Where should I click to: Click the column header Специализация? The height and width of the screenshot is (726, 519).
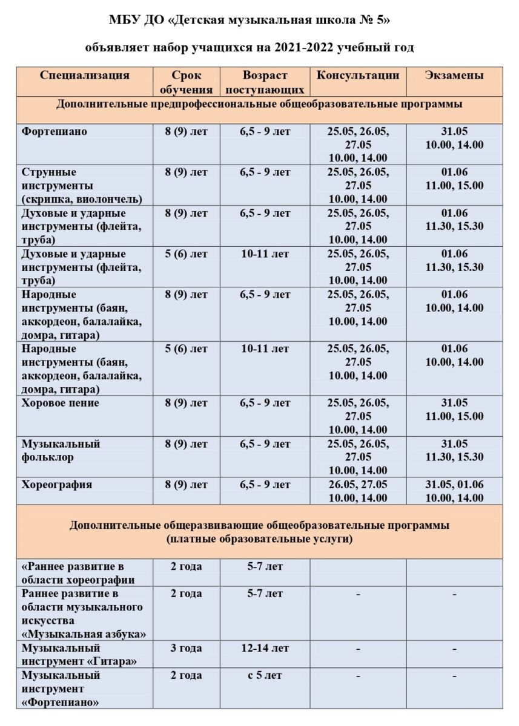pyautogui.click(x=85, y=76)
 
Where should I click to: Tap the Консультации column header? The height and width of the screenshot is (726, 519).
pyautogui.click(x=358, y=76)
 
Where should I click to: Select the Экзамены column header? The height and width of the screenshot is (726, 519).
pyautogui.click(x=454, y=76)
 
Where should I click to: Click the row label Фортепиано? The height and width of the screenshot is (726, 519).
pyautogui.click(x=55, y=132)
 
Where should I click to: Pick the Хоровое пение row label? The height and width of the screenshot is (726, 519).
pyautogui.click(x=61, y=403)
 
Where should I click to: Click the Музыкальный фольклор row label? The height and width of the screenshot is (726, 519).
pyautogui.click(x=61, y=451)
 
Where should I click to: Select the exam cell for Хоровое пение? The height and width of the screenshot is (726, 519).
pyautogui.click(x=454, y=410)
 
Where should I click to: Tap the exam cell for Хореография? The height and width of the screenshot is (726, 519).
pyautogui.click(x=454, y=491)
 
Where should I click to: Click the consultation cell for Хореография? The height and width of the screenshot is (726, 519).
pyautogui.click(x=358, y=491)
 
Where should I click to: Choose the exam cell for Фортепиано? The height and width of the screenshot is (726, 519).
pyautogui.click(x=454, y=139)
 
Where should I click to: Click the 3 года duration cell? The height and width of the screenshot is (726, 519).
pyautogui.click(x=186, y=648)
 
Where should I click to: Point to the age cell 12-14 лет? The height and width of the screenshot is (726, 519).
pyautogui.click(x=265, y=648)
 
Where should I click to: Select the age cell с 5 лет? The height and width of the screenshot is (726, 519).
pyautogui.click(x=265, y=675)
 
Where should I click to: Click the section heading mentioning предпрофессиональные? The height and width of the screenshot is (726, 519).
pyautogui.click(x=259, y=104)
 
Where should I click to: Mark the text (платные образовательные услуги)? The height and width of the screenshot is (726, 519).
pyautogui.click(x=259, y=538)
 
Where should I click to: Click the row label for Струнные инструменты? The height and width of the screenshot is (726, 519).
pyautogui.click(x=82, y=185)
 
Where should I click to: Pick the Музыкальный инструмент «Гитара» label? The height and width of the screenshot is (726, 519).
pyautogui.click(x=79, y=655)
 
